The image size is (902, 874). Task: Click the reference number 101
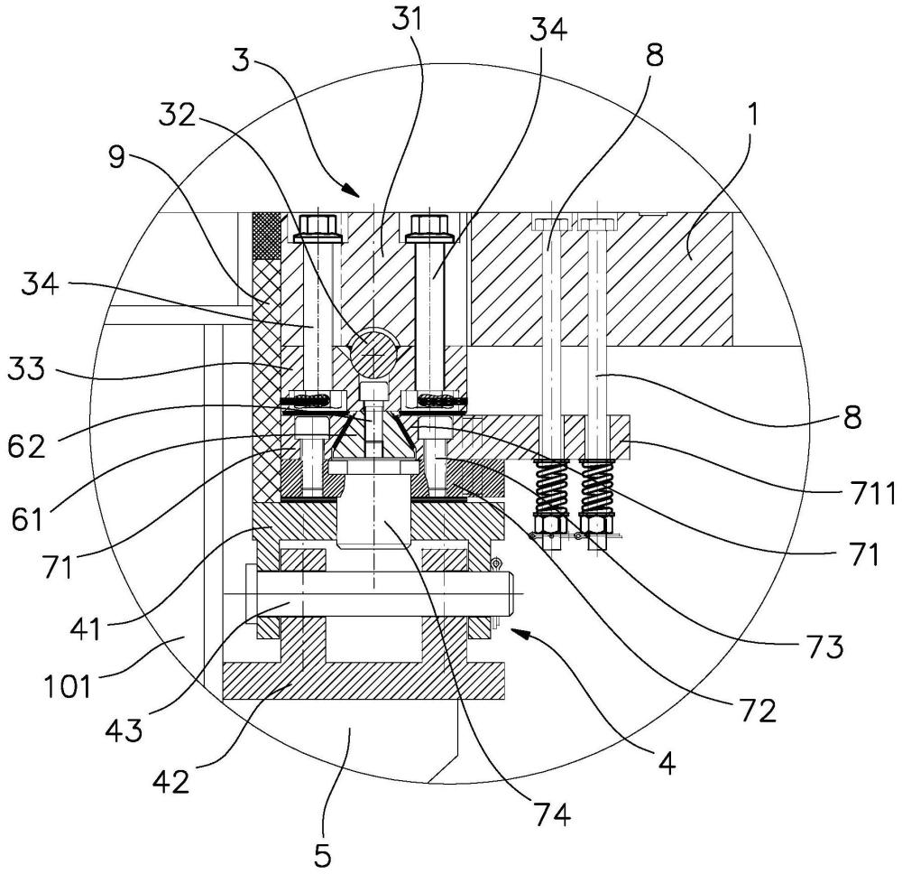[68, 686]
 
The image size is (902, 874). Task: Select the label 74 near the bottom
[550, 815]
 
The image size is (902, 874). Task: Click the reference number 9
[116, 156]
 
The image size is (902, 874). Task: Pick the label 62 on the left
[26, 446]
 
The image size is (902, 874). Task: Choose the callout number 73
[824, 646]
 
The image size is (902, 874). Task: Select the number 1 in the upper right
[752, 115]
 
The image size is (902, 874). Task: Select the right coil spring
[596, 487]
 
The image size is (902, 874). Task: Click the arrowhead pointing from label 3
[350, 189]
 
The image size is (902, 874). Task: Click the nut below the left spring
[550, 524]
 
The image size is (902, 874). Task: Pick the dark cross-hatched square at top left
[266, 236]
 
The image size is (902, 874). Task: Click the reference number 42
[171, 781]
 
